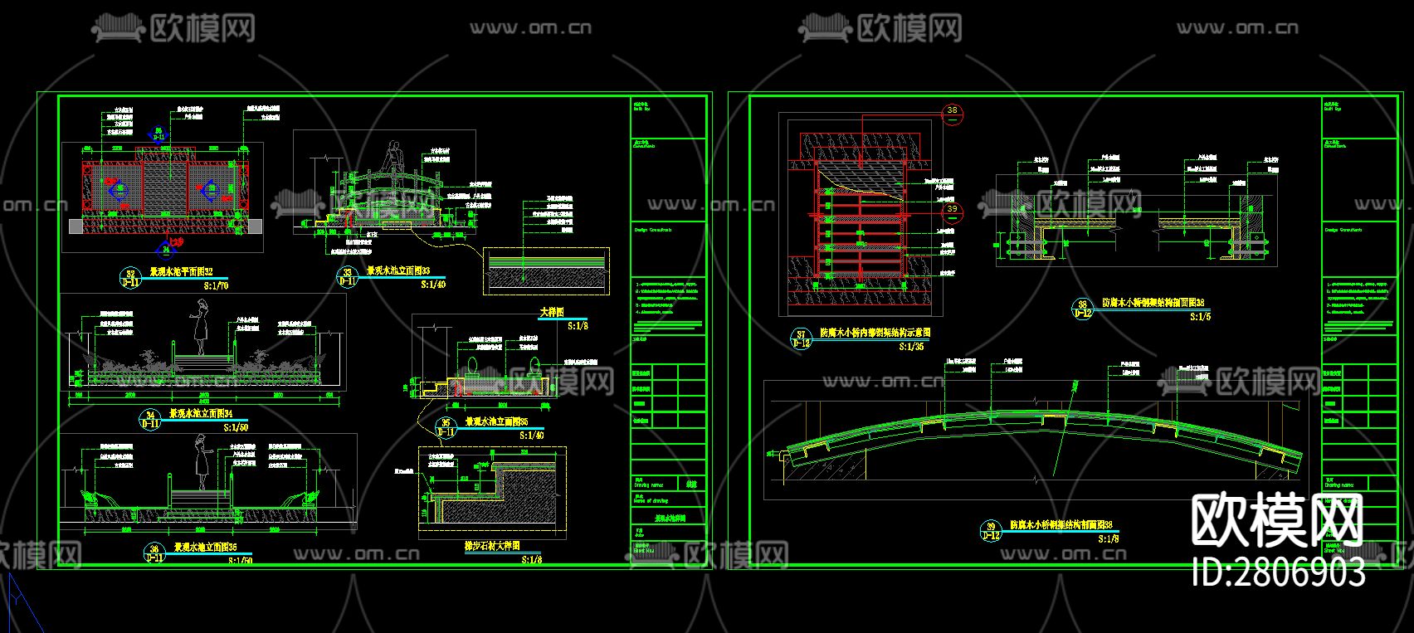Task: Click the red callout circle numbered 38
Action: (x=952, y=110)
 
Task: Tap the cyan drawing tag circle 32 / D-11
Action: (x=130, y=277)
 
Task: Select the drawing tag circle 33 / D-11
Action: (x=347, y=276)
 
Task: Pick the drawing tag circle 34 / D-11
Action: (x=150, y=419)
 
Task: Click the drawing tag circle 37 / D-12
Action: (x=801, y=338)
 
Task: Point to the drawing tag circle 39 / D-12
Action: (x=991, y=531)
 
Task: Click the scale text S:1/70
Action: (x=215, y=285)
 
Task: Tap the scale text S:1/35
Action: (x=911, y=346)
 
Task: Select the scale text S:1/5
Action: (x=1200, y=317)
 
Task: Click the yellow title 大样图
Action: (x=551, y=313)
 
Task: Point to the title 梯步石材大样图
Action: (x=492, y=547)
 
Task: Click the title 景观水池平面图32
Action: (x=180, y=271)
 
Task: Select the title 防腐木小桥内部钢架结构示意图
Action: (x=875, y=332)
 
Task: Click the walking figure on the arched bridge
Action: (x=395, y=158)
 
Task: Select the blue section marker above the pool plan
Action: (x=159, y=133)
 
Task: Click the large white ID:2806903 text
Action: (x=1278, y=572)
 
